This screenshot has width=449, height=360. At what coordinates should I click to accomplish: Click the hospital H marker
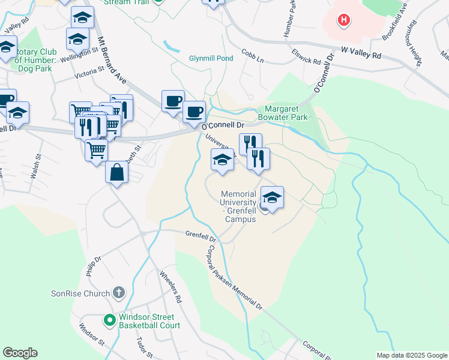pyautogui.click(x=343, y=21)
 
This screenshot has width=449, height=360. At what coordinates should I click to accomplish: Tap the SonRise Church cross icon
pyautogui.click(x=119, y=293)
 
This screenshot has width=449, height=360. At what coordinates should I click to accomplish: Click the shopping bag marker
pyautogui.click(x=116, y=173)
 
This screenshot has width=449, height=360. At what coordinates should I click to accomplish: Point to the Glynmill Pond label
pyautogui.click(x=210, y=58)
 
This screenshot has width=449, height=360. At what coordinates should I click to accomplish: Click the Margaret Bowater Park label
pyautogui.click(x=286, y=113)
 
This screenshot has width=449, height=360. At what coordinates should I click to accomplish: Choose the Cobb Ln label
pyautogui.click(x=253, y=56)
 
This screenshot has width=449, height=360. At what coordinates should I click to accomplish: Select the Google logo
pyautogui.click(x=20, y=353)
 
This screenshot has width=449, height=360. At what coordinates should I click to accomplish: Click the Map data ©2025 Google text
pyautogui.click(x=412, y=355)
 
